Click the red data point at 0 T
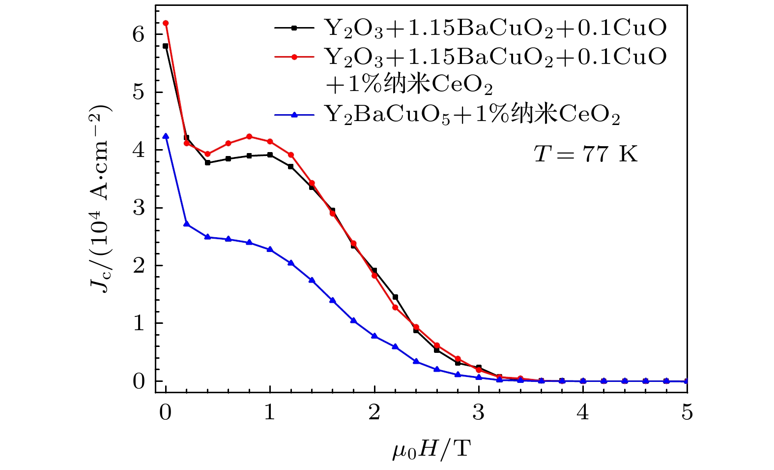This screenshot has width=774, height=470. pos(166,23)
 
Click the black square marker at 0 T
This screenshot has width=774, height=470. pos(166,46)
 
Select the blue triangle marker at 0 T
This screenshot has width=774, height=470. pos(166,136)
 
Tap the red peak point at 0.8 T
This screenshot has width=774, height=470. pos(249,136)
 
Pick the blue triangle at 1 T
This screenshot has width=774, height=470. pos(270,250)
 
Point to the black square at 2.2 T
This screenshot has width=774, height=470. pos(395,297)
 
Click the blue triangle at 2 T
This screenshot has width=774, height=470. pos(374,336)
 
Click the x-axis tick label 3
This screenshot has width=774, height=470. pos(479,412)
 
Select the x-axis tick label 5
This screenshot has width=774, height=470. pos(687,412)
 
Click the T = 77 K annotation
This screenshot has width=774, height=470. pos(585,154)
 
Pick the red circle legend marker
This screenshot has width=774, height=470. pos(294,57)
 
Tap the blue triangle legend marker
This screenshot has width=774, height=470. pos(294,115)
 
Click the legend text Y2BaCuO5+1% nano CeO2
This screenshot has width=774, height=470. pos(472,115)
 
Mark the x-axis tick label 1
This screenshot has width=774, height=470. pos(270,412)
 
